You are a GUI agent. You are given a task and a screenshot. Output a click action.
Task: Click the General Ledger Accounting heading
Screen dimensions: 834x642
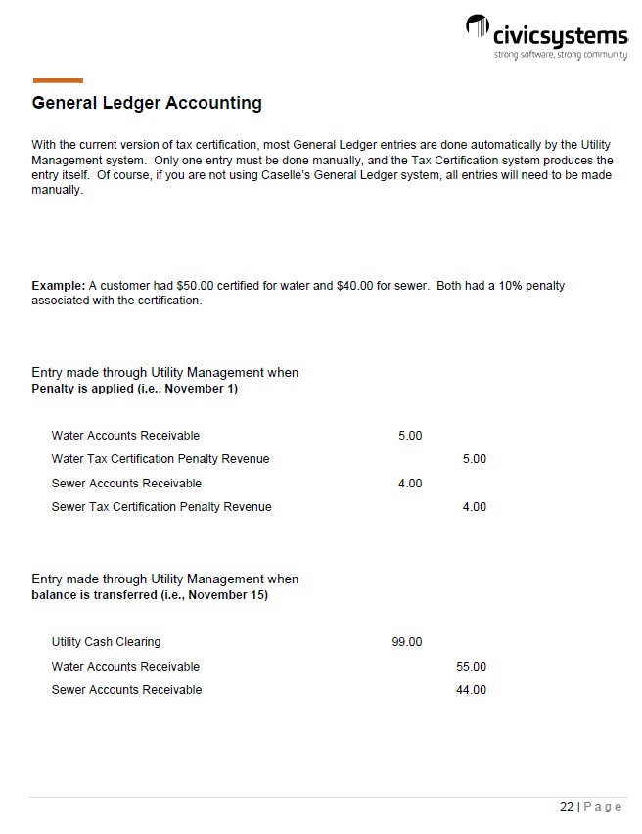click(x=147, y=103)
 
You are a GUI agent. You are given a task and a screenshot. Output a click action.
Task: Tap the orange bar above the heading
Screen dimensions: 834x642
click(x=58, y=80)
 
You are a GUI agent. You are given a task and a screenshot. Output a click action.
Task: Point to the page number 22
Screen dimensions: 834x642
click(x=567, y=807)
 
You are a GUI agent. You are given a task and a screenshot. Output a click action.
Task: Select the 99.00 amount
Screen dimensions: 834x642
click(x=406, y=642)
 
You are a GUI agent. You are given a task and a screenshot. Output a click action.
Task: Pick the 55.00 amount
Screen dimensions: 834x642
click(x=471, y=667)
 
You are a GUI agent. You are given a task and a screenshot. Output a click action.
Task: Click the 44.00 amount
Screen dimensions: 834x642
click(x=471, y=690)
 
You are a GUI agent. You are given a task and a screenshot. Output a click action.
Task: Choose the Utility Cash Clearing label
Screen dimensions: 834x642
click(x=106, y=642)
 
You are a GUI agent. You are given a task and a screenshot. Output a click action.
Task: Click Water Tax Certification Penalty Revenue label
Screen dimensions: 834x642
click(x=160, y=459)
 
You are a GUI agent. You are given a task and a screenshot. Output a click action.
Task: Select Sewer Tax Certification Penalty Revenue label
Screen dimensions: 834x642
click(x=161, y=507)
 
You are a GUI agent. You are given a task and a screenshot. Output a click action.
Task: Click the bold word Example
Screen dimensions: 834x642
click(x=58, y=286)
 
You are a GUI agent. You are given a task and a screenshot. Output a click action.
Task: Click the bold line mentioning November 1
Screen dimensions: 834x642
click(x=135, y=389)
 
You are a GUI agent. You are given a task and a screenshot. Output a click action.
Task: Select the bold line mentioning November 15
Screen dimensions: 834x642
click(x=150, y=595)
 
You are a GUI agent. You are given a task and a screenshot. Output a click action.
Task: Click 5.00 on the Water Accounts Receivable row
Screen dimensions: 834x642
click(x=410, y=436)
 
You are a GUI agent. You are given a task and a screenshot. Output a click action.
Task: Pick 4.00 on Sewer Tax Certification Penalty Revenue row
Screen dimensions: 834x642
click(x=474, y=507)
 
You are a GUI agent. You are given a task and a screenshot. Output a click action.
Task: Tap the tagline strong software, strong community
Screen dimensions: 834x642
click(x=560, y=55)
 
